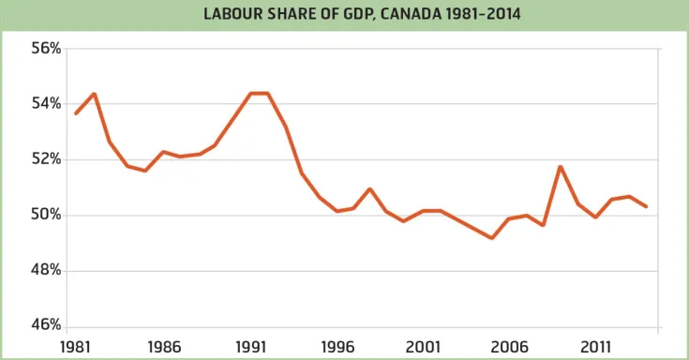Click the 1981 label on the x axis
pyautogui.click(x=77, y=345)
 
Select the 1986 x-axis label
pyautogui.click(x=164, y=345)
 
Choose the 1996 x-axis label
pyautogui.click(x=337, y=345)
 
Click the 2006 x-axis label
pyautogui.click(x=511, y=345)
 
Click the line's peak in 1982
pyautogui.click(x=94, y=94)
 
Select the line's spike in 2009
pyautogui.click(x=561, y=167)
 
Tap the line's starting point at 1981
pyautogui.click(x=77, y=113)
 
